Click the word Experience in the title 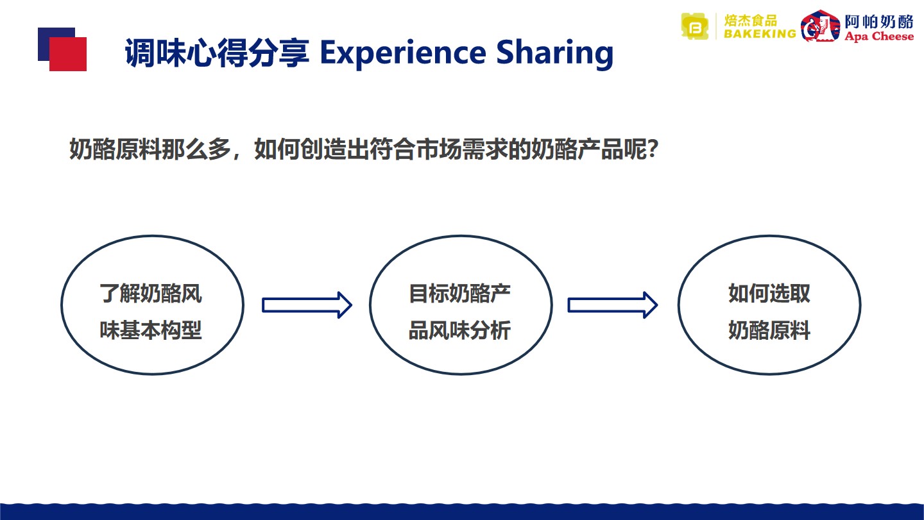point(403,54)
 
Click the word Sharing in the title point(555,54)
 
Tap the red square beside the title point(68,54)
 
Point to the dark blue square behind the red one point(49,39)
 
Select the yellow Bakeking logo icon point(695,27)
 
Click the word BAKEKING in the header point(760,34)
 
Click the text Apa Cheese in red point(879,37)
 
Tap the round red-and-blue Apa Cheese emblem point(820,26)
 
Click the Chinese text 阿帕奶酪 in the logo point(879,21)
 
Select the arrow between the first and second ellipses point(307,305)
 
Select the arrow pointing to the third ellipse point(613,305)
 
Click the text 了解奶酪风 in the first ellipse point(151,294)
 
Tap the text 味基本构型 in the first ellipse point(151,330)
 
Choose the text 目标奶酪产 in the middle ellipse point(460,294)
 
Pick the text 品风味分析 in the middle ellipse point(460,330)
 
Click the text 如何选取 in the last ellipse point(769,294)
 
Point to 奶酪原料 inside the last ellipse point(769,330)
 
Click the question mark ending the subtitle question point(653,149)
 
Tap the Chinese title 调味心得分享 point(217,53)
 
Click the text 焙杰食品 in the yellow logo point(751,21)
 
